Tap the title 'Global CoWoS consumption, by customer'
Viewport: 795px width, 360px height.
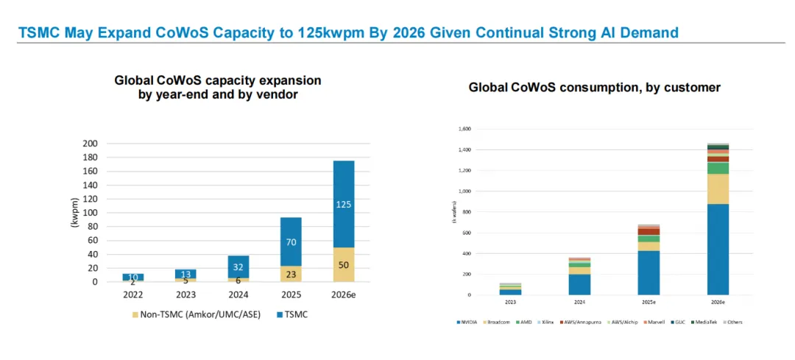tap(594, 88)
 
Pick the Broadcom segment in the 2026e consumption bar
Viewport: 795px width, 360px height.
tap(718, 188)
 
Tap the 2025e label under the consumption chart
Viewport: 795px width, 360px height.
tap(648, 302)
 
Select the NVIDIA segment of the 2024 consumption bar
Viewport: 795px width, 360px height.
tap(579, 284)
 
